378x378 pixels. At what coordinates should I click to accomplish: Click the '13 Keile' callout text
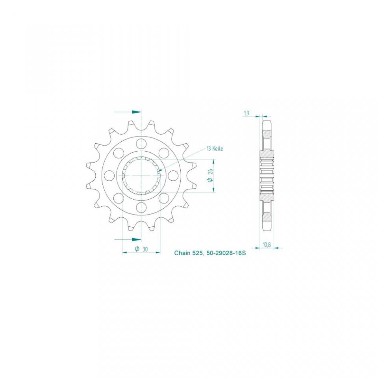click(215, 149)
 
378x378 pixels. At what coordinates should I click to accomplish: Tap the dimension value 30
click(145, 249)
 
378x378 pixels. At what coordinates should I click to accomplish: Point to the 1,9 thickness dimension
click(246, 113)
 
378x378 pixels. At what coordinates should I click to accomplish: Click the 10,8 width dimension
click(267, 245)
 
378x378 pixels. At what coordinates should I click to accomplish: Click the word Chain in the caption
click(182, 253)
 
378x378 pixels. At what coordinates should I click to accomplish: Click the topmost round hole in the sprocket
click(141, 143)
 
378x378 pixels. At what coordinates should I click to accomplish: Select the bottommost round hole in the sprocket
click(141, 207)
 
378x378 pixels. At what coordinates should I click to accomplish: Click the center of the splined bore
click(141, 175)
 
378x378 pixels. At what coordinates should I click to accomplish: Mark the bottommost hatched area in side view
click(267, 216)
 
